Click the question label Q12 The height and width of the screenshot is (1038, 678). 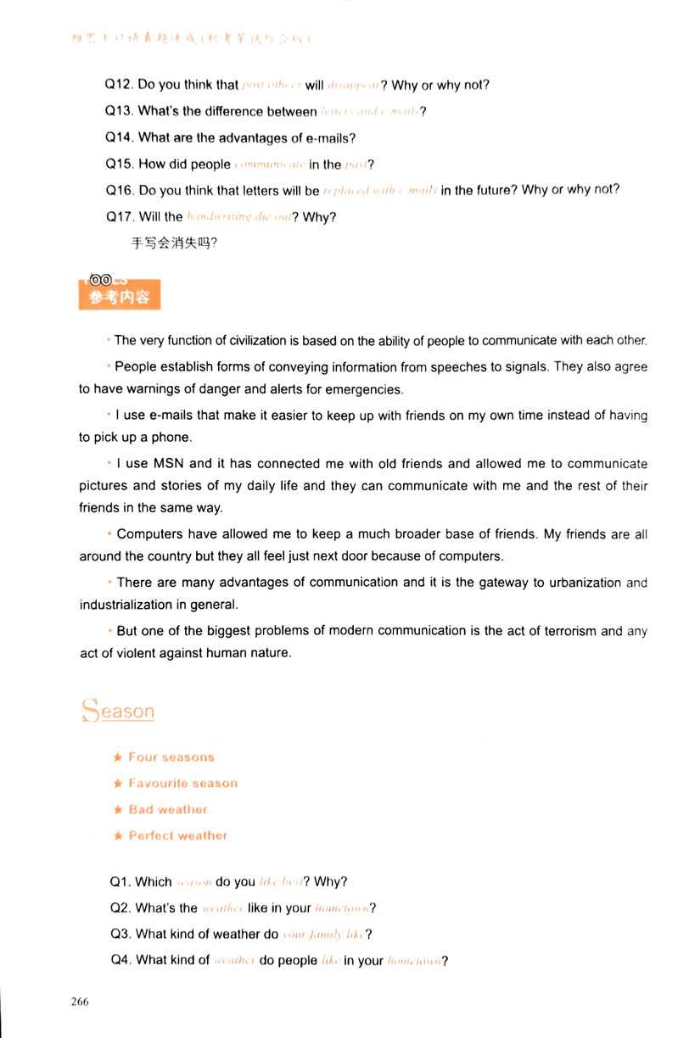(119, 85)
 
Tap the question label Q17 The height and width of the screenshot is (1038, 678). (120, 216)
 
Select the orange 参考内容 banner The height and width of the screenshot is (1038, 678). (119, 297)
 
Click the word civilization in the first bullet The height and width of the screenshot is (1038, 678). (233, 341)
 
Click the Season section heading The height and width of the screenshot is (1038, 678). (118, 711)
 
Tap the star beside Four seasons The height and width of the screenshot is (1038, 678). (118, 757)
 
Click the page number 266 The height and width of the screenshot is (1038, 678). (80, 1001)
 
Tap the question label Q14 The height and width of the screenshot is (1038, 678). (119, 137)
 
